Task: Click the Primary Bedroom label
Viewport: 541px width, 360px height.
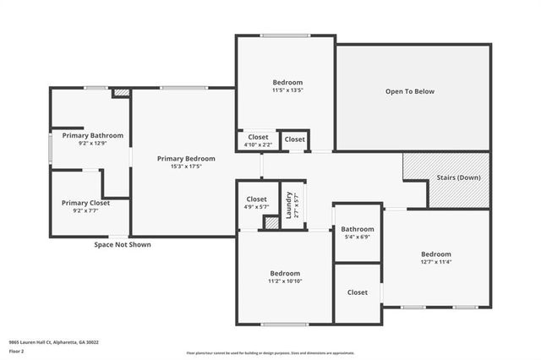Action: pos(186,158)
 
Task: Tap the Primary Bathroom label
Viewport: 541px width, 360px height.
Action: pos(93,135)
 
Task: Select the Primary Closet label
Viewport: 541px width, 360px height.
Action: pos(87,203)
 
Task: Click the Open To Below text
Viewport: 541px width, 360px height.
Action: pos(410,91)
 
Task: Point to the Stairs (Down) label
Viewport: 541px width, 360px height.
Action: pos(457,177)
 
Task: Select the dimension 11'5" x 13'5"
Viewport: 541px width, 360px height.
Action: pos(287,90)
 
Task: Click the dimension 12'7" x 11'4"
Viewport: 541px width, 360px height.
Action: pos(436,262)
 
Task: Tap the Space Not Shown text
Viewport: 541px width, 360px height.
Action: pos(123,244)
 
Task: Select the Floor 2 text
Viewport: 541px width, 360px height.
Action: pos(17,351)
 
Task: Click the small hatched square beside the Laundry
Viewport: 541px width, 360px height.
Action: pos(271,223)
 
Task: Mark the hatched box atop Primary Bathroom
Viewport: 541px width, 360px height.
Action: pos(122,92)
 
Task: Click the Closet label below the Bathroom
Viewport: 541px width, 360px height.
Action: pos(358,292)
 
